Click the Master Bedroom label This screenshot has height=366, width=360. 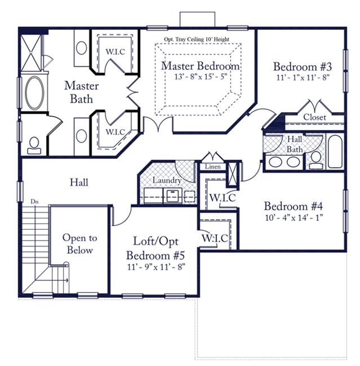(x=201, y=66)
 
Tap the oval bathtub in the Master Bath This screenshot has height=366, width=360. (x=34, y=93)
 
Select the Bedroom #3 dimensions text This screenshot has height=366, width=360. (x=303, y=77)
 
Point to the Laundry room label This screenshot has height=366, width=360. (x=167, y=180)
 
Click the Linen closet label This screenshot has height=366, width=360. (x=212, y=167)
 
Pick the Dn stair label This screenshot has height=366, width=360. (x=34, y=202)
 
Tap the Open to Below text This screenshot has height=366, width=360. (x=79, y=244)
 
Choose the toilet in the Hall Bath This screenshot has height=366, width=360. (x=316, y=160)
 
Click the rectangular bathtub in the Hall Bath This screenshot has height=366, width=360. (x=335, y=151)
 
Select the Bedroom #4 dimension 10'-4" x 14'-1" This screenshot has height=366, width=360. (x=294, y=218)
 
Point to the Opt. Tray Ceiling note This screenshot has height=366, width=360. (x=197, y=39)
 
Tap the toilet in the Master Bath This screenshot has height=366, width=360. (x=34, y=146)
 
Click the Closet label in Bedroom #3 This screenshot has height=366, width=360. (x=314, y=117)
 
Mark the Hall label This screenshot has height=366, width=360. (x=79, y=182)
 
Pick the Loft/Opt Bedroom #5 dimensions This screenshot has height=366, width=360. (x=156, y=266)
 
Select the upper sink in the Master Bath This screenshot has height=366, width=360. (x=81, y=48)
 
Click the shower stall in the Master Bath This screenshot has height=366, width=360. (x=31, y=53)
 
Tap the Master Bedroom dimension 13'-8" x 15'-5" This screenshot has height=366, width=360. (x=201, y=77)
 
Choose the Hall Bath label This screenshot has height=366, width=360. (x=295, y=144)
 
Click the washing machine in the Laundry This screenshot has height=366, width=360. (x=172, y=195)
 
